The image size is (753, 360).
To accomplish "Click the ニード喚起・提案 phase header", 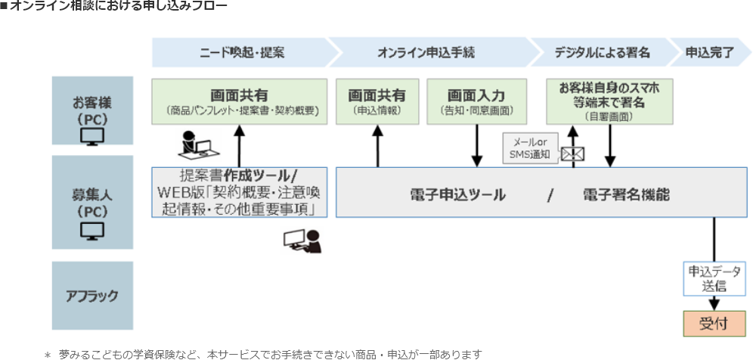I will [240, 53].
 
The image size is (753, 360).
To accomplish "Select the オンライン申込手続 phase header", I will [426, 53].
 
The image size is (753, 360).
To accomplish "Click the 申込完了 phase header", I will [709, 53].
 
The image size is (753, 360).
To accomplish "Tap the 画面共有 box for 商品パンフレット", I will [240, 102].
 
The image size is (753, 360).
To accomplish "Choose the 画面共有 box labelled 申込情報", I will [376, 102].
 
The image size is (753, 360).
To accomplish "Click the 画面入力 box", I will [476, 102].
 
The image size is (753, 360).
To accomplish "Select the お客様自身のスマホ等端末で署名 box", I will [609, 101].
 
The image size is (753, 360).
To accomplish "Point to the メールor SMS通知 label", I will [531, 147].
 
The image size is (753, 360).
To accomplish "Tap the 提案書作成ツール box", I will [240, 192].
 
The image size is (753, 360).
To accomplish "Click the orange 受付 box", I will [714, 323].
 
